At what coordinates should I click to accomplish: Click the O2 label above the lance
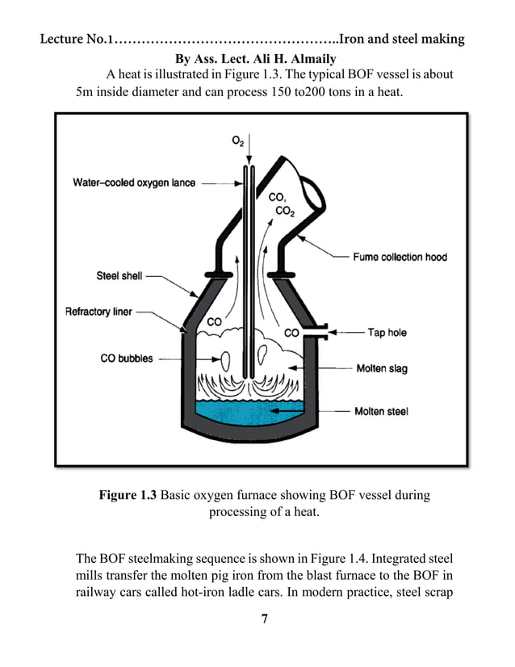point(238,141)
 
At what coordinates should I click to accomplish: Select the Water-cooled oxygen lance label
point(134,182)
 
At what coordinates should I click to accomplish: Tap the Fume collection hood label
point(400,258)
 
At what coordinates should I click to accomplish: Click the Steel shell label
point(119,276)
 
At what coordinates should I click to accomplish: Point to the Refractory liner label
point(98,312)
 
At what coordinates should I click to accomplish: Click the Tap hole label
point(387,332)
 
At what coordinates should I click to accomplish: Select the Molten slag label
point(382,369)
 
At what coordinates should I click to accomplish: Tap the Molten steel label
point(382,411)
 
